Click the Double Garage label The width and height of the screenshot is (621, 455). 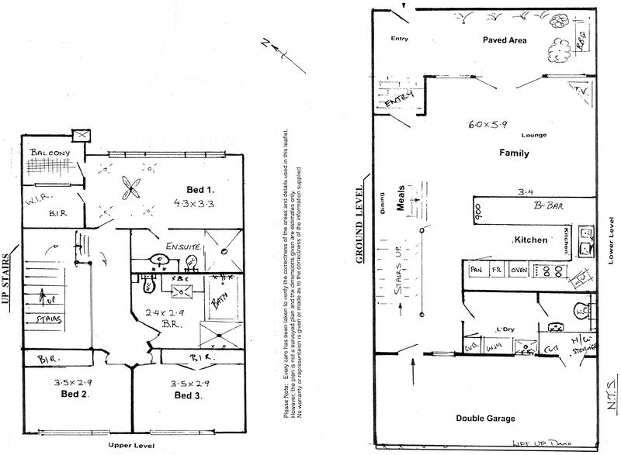(x=487, y=418)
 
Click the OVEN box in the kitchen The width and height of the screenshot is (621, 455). (x=519, y=271)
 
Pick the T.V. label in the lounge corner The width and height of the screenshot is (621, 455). (x=577, y=91)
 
